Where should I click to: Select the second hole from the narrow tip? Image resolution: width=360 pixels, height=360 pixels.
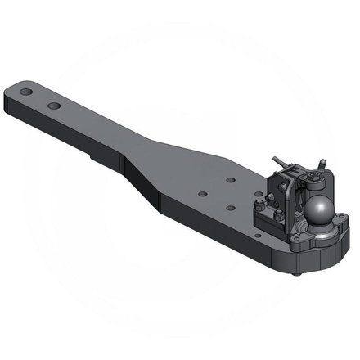click(x=55, y=106)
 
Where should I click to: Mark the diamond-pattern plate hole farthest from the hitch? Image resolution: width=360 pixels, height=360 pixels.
click(x=200, y=194)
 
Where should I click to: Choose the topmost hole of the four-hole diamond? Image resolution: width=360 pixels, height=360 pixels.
click(x=232, y=178)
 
